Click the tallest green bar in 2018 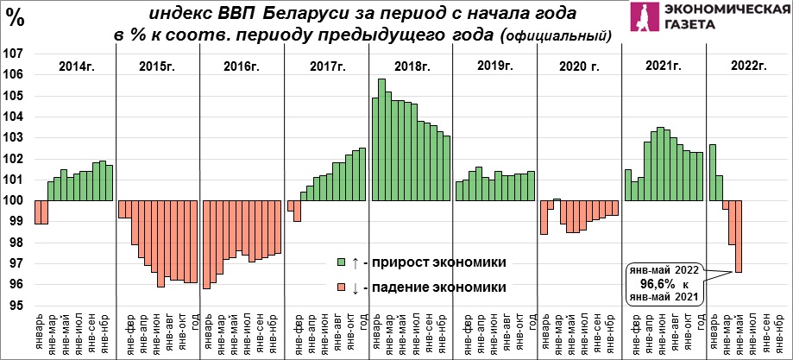382,140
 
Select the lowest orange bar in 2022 739,237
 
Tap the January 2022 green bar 713,173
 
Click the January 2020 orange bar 544,218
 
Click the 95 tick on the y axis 13,306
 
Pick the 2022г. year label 747,66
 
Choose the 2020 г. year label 578,66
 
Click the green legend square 342,262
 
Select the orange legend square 342,287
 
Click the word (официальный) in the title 554,36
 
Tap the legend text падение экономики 438,287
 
